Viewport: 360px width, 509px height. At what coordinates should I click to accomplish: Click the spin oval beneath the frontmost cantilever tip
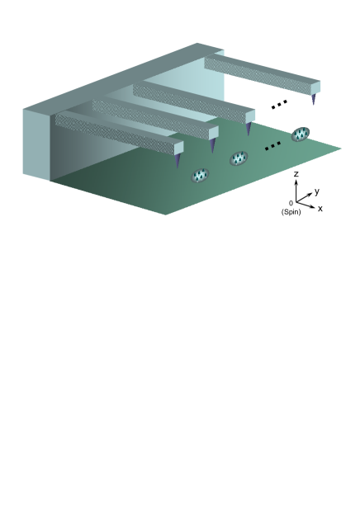click(x=200, y=176)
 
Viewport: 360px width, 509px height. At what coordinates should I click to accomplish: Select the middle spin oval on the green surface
click(x=239, y=158)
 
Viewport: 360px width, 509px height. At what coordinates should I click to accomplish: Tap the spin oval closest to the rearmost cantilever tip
click(x=300, y=134)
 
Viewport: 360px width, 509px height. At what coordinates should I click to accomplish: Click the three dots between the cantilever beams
click(x=279, y=104)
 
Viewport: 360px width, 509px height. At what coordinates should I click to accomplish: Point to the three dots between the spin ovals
click(x=272, y=147)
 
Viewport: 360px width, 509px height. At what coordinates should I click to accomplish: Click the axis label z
click(x=296, y=174)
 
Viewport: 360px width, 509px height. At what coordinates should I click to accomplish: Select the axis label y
click(x=317, y=191)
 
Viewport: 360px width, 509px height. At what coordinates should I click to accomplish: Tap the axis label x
click(x=320, y=209)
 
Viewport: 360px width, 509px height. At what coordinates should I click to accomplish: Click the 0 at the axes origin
click(x=291, y=203)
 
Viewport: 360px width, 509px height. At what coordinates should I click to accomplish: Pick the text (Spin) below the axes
click(x=292, y=212)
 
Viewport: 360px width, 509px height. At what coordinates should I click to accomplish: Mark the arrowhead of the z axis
click(x=296, y=182)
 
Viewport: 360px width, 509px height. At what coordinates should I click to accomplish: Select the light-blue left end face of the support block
click(x=36, y=144)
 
